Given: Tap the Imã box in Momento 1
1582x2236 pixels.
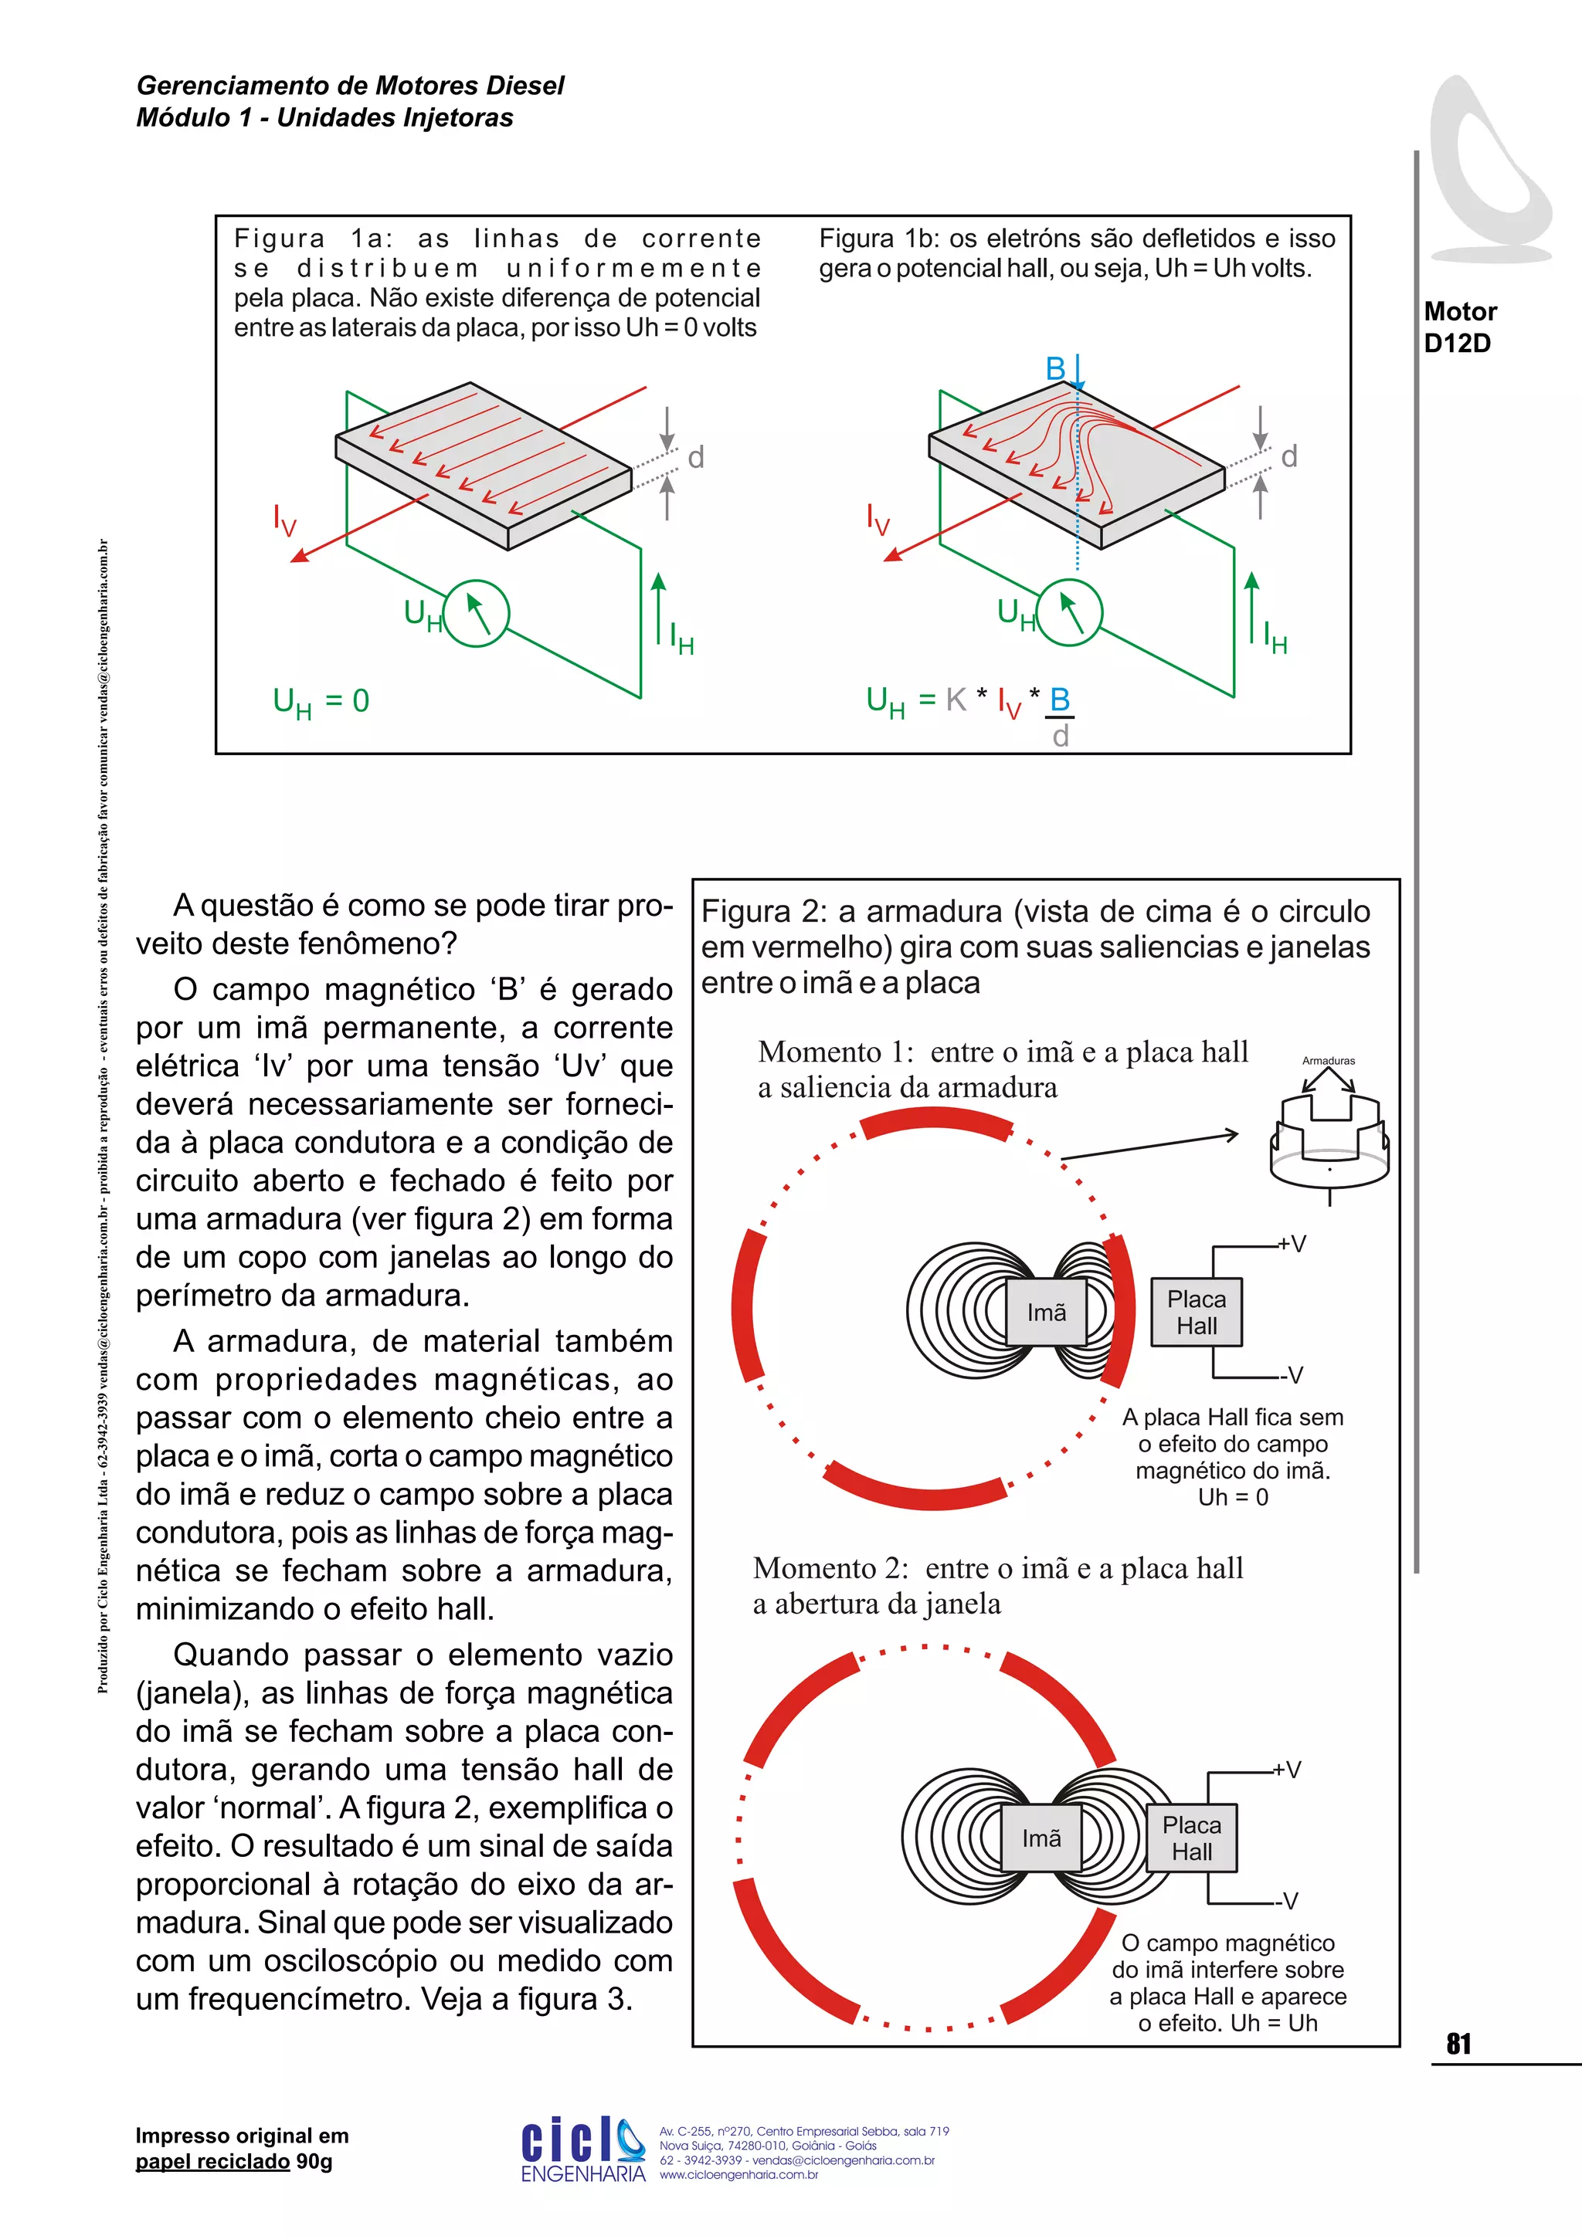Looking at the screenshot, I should pos(1046,1312).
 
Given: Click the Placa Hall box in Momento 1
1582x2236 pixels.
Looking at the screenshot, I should pos(1197,1312).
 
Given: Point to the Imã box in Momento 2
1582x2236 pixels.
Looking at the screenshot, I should pos(1041,1838).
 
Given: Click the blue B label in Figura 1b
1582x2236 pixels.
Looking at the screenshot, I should pos(1055,369).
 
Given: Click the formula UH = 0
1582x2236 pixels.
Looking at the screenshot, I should pos(321,702).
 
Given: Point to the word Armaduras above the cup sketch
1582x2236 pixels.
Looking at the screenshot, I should pos(1328,1061).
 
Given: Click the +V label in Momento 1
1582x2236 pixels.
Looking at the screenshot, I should pos(1292,1244).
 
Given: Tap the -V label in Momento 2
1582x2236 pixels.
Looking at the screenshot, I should pos(1288,1901).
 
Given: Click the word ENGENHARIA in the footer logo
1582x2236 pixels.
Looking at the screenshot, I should pos(582,2173).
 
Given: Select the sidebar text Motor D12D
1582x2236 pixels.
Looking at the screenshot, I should pos(1459,327).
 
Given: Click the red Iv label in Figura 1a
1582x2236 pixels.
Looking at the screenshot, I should pos(284,520).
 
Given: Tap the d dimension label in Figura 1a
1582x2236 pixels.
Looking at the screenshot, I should pos(695,457).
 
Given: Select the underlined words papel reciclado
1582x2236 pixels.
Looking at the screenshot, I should pos(212,2161).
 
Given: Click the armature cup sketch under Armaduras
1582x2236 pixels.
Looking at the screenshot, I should pos(1329,1140).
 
